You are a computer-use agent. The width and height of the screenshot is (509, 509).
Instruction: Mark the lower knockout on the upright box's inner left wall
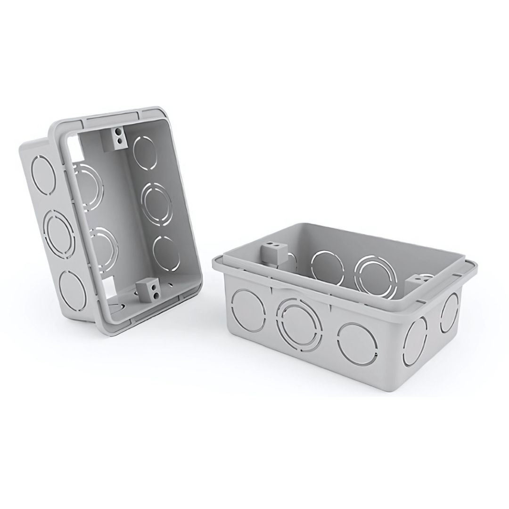104,244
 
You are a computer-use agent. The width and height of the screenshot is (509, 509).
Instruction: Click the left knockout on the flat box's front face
249,310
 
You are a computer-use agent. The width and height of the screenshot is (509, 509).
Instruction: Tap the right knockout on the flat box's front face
357,343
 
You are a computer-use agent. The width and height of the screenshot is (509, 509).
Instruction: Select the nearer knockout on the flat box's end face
416,340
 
